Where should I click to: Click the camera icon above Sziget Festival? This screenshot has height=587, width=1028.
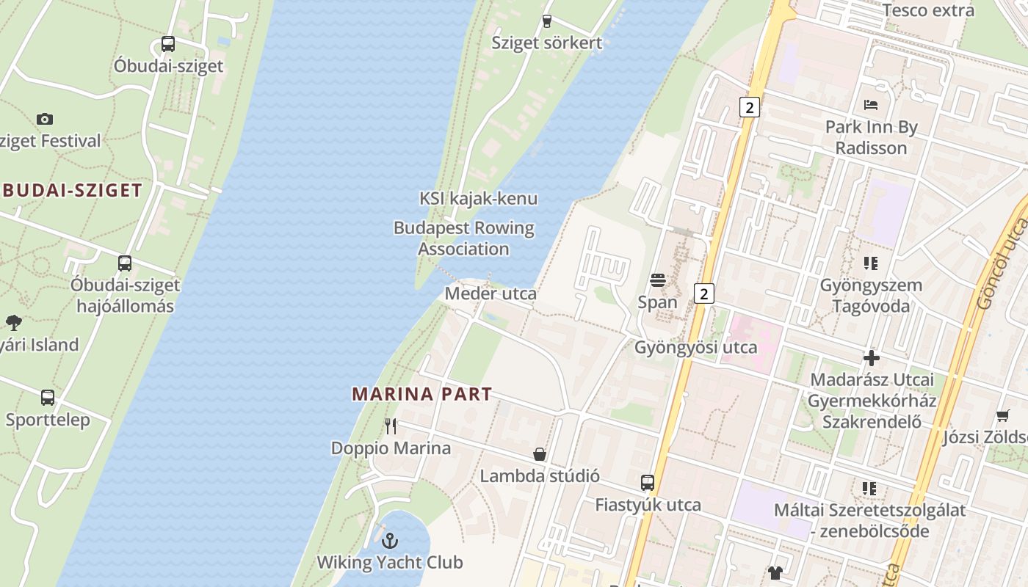[x=45, y=119]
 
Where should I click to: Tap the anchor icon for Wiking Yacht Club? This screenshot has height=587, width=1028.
[x=390, y=541]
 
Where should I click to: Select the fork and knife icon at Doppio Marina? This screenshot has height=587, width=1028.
[x=391, y=426]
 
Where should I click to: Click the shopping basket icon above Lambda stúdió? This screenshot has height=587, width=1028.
[x=540, y=454]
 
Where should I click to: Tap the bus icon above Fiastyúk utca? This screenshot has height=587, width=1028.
[x=647, y=483]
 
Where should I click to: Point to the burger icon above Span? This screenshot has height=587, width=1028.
[x=657, y=280]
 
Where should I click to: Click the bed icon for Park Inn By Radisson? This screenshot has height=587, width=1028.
[x=871, y=105]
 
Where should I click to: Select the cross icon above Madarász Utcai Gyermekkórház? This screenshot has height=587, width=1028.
[x=872, y=358]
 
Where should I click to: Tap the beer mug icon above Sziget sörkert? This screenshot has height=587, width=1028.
[x=546, y=21]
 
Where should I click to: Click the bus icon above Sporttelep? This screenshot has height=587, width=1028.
[x=48, y=398]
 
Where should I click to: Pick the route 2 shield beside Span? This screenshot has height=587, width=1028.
[x=704, y=294]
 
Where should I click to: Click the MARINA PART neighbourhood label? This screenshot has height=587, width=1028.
[x=421, y=394]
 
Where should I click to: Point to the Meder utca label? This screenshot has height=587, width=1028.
[x=491, y=293]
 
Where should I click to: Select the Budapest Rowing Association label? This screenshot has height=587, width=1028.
[x=464, y=238]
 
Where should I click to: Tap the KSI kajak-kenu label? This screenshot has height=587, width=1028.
[x=478, y=198]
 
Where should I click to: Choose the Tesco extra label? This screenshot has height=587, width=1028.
[x=928, y=10]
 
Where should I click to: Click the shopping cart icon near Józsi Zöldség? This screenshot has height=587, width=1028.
[x=1003, y=416]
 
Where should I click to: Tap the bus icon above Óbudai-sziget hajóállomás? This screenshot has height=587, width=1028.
[x=125, y=263]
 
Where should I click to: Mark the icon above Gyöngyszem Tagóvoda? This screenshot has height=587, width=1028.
[x=871, y=263]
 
